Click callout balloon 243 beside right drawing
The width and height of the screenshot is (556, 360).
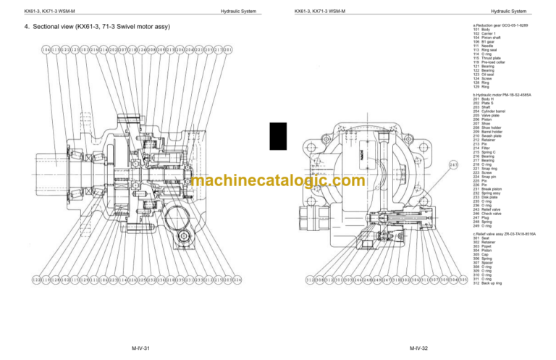tap(454, 164)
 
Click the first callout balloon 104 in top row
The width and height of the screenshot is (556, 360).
tap(26, 49)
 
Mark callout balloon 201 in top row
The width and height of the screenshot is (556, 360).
tap(229, 49)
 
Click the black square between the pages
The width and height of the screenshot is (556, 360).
tap(274, 136)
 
